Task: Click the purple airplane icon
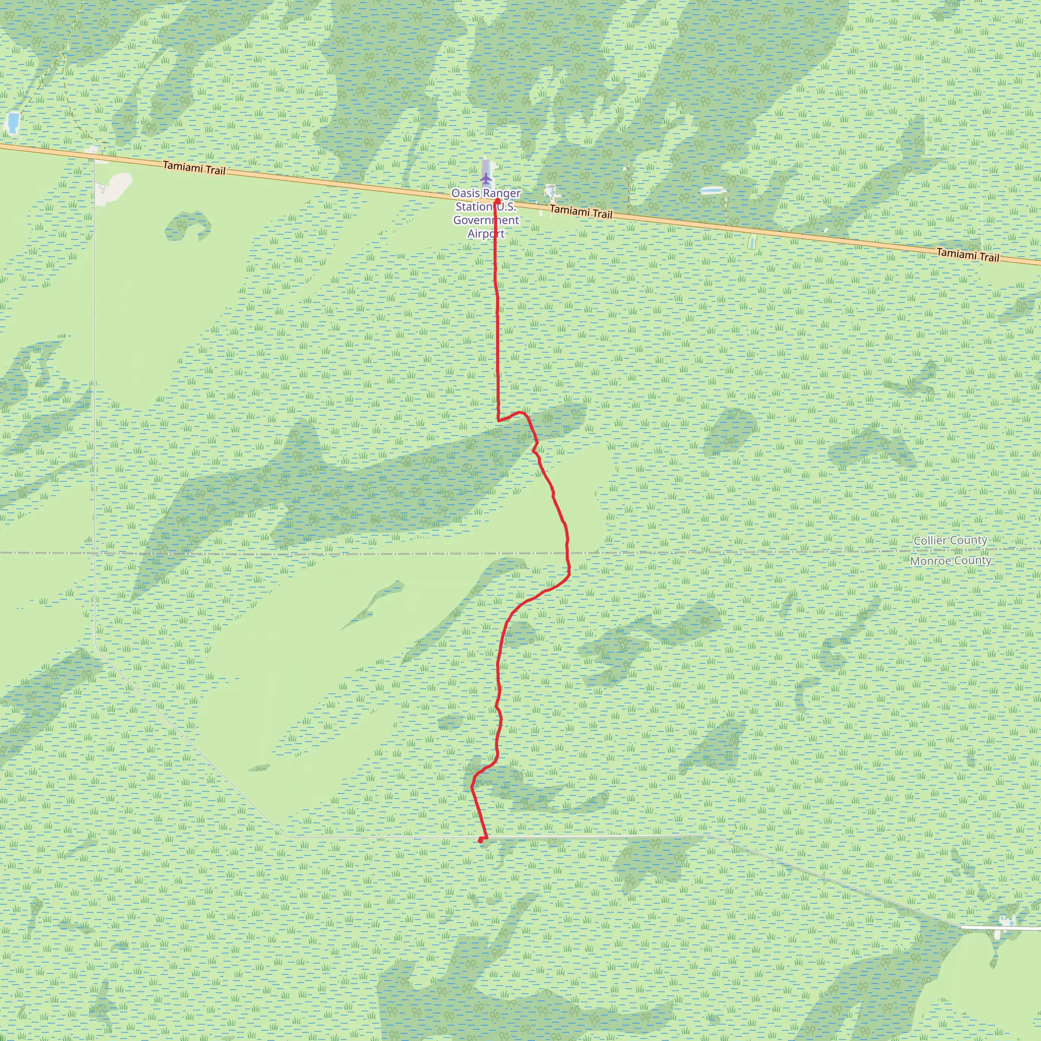(x=486, y=177)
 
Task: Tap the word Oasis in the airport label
(x=465, y=193)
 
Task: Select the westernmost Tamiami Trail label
(x=194, y=169)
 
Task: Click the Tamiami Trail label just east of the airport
(x=581, y=212)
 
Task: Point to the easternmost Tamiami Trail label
(x=968, y=254)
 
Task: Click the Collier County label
(x=951, y=540)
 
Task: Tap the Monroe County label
(x=951, y=561)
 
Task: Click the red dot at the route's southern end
(x=480, y=840)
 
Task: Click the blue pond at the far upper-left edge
(x=11, y=123)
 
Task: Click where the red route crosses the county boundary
(x=567, y=553)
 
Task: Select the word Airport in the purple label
(x=486, y=233)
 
